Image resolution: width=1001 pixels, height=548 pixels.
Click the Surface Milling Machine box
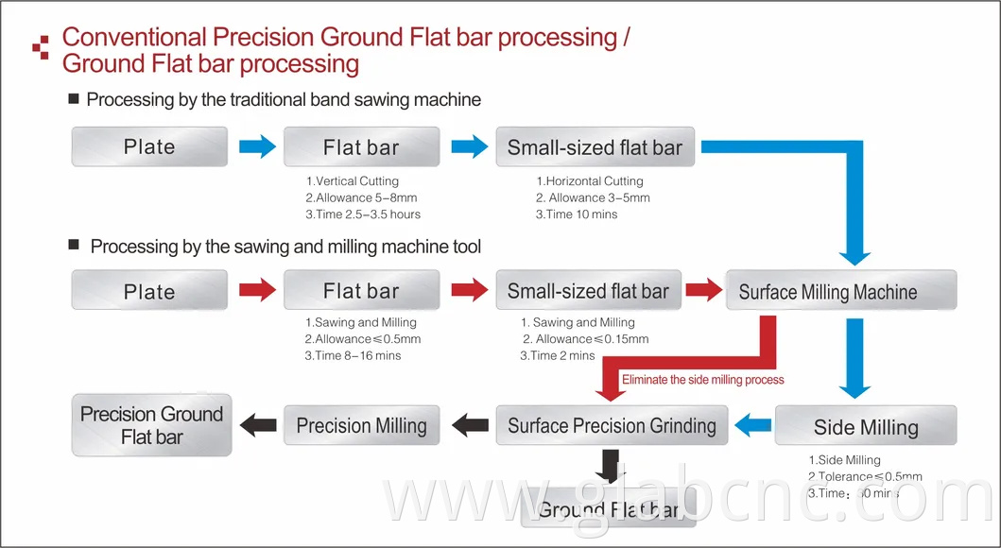click(x=840, y=291)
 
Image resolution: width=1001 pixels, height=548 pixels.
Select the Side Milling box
click(x=865, y=426)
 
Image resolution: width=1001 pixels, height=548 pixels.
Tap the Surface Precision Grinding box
click(x=612, y=425)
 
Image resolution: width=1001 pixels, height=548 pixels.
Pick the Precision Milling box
click(x=361, y=425)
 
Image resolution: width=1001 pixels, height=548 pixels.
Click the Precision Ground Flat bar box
click(x=151, y=425)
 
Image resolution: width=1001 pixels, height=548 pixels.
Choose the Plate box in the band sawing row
click(x=149, y=146)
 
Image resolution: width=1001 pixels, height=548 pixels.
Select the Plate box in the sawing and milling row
click(x=149, y=291)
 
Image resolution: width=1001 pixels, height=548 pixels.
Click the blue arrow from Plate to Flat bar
click(x=256, y=146)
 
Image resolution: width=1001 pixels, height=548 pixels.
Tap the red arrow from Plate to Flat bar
click(x=256, y=290)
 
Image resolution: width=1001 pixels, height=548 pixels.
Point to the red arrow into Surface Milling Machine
click(x=703, y=290)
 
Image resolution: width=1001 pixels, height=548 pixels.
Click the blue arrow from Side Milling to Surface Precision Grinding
click(x=752, y=425)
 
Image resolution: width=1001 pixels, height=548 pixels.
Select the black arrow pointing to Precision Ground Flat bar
click(x=257, y=425)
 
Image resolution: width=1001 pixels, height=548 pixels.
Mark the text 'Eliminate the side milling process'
click(x=702, y=380)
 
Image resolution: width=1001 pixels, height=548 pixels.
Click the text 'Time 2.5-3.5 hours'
click(x=362, y=214)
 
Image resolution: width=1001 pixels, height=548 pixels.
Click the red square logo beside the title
click(x=41, y=47)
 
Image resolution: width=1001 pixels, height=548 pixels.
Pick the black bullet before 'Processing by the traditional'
click(x=74, y=99)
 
